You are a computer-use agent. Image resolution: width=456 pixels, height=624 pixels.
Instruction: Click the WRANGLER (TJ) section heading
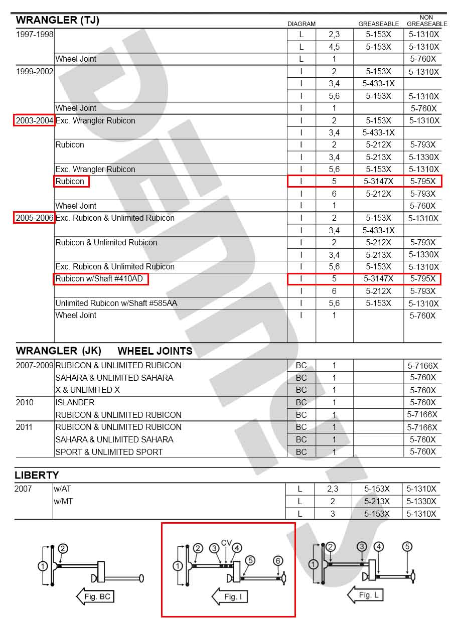pos(58,20)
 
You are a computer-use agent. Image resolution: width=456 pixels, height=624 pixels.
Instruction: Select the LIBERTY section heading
pos(37,475)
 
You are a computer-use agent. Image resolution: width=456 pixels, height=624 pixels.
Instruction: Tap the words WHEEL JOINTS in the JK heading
pos(155,351)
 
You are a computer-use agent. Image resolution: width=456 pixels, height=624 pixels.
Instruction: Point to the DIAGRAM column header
pos(301,24)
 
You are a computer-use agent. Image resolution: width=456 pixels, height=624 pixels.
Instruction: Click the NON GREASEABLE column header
pos(426,21)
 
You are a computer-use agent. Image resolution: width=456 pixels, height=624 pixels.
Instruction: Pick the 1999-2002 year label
pos(34,71)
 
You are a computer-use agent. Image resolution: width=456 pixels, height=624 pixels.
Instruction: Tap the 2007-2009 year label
pos(35,365)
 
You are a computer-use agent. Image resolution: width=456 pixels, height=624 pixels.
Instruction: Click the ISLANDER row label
pos(75,402)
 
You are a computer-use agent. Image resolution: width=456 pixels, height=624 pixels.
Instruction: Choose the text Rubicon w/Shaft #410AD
pos(100,279)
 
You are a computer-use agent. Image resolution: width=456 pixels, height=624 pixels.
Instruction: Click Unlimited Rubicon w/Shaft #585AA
pos(116,303)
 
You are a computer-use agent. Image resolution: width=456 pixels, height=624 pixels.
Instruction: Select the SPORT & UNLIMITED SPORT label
pos(109,452)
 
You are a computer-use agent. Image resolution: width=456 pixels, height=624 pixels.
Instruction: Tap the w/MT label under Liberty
pos(63,501)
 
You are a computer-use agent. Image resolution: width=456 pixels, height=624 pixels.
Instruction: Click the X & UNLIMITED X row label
pos(87,390)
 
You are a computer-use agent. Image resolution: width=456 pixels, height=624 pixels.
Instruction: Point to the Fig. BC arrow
pos(96,596)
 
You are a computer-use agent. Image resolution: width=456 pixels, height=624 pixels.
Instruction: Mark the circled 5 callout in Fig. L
pos(408,547)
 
